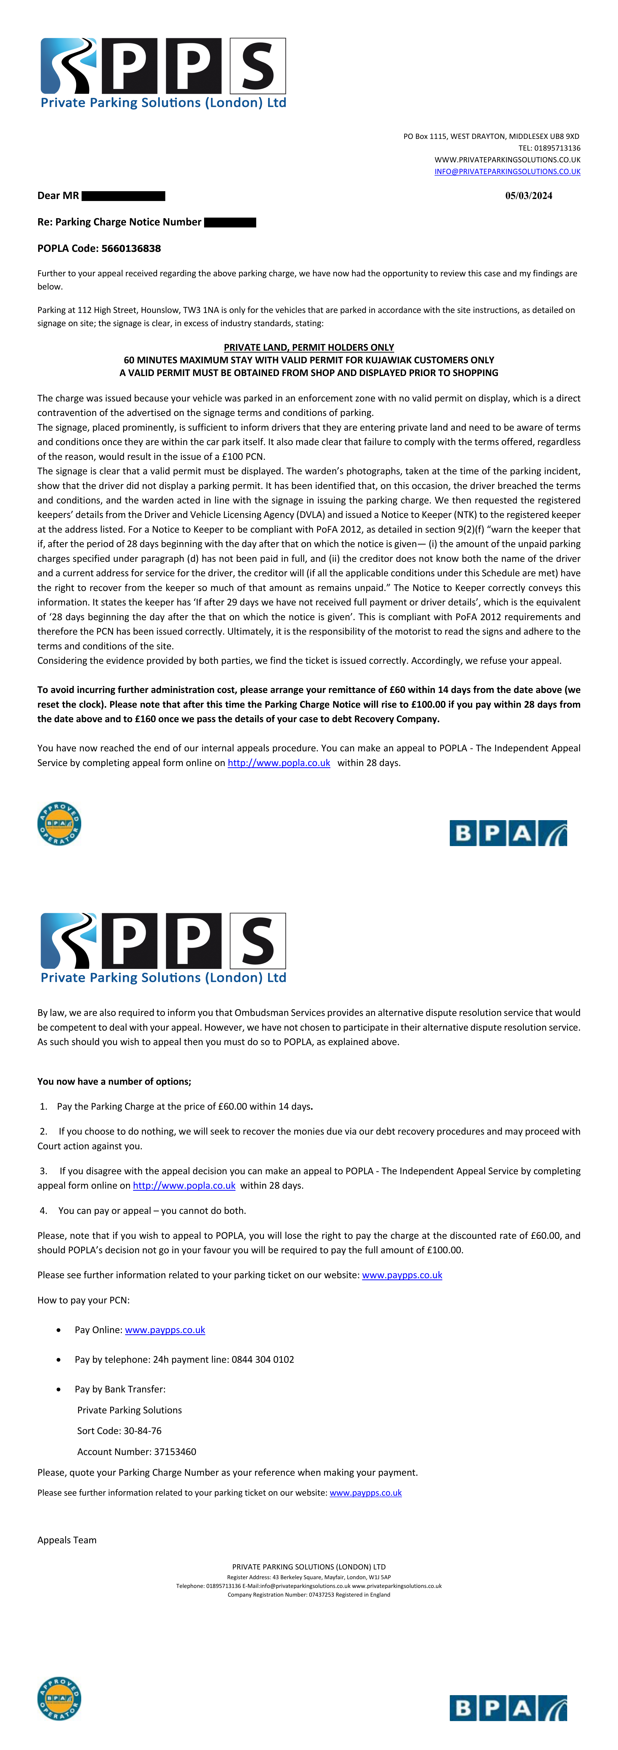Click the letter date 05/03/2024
528,196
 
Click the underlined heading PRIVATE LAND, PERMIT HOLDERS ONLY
309,347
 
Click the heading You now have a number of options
114,1081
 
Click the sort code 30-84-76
143,1431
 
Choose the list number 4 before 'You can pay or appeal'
43,1211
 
